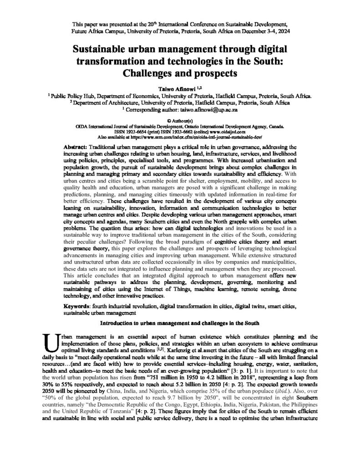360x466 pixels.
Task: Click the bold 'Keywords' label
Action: click(x=76, y=307)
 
